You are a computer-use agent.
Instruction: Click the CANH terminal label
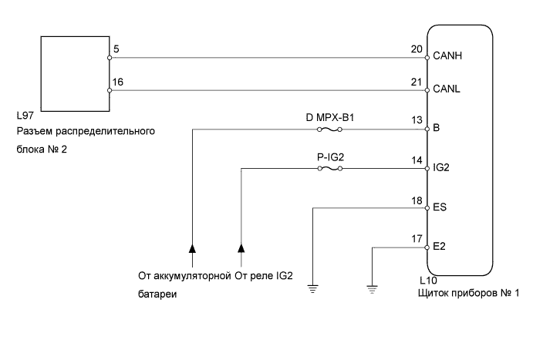point(448,56)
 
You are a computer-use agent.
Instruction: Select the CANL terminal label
point(447,89)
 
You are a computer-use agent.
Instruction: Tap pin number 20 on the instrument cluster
point(417,49)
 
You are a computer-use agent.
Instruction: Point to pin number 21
point(417,82)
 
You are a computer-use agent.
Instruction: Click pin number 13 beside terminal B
point(417,120)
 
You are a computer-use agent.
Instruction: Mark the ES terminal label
point(440,207)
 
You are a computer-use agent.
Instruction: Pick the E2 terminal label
point(440,247)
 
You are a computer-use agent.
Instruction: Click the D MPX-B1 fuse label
point(330,119)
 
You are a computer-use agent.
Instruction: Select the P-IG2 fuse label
point(330,158)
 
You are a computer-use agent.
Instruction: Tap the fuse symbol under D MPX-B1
point(330,129)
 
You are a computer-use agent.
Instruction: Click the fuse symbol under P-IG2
point(330,168)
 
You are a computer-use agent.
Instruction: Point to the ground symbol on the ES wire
point(312,289)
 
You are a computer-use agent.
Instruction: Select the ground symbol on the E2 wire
point(373,289)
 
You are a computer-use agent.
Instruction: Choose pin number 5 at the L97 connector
point(116,49)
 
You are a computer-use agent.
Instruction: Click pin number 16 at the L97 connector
point(118,82)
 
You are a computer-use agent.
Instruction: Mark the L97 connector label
point(25,117)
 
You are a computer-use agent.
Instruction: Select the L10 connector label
point(427,281)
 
